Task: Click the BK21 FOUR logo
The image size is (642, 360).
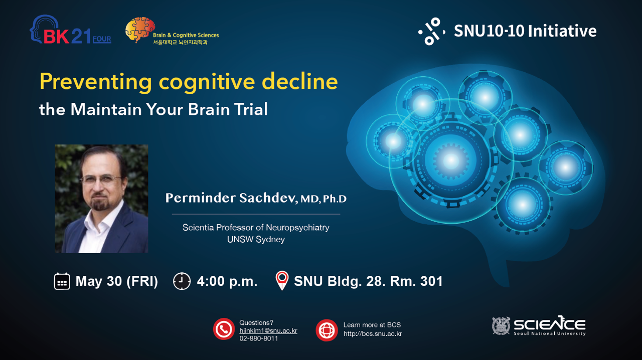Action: [x=71, y=30]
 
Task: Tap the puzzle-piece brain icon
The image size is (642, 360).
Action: [x=140, y=29]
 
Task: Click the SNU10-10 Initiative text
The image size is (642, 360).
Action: [x=525, y=31]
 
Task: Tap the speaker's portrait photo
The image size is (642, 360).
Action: [x=101, y=199]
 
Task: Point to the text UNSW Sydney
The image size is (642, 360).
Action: [x=256, y=239]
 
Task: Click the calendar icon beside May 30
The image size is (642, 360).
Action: [x=62, y=281]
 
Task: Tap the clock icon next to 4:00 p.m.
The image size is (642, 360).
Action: [x=182, y=281]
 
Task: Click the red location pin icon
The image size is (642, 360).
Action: [x=282, y=280]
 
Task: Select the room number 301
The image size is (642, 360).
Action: [x=431, y=281]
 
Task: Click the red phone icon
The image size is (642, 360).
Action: [x=224, y=329]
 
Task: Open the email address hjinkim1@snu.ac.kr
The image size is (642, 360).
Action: [x=268, y=330]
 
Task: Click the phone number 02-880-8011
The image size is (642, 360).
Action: [x=259, y=338]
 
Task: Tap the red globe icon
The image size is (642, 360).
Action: [x=327, y=330]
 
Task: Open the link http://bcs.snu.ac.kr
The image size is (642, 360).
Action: [x=373, y=333]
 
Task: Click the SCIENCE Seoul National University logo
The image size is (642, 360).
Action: [x=539, y=325]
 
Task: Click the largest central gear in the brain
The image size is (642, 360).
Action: [x=451, y=160]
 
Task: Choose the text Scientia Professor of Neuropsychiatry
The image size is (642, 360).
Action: [x=256, y=227]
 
